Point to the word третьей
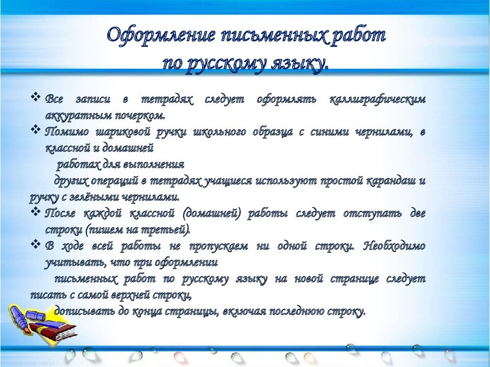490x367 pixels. click(167, 229)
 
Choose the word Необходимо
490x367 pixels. click(395, 246)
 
